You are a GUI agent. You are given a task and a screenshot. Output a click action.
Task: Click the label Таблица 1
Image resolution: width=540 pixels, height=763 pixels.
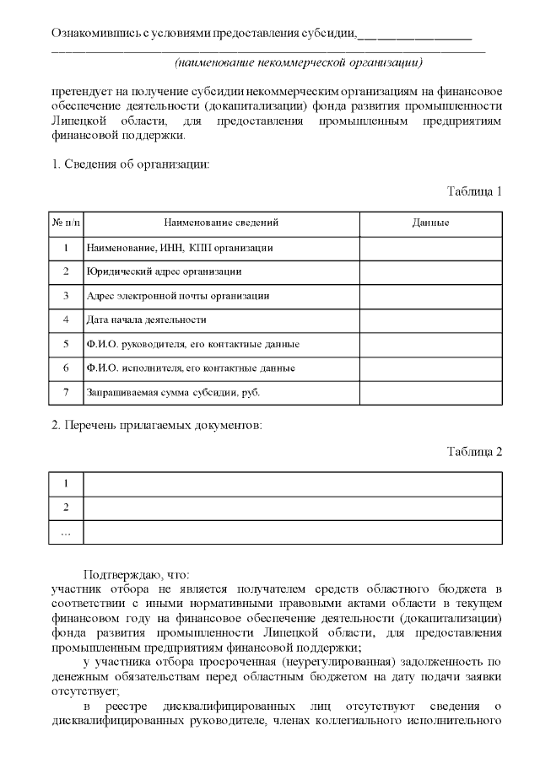pyautogui.click(x=474, y=191)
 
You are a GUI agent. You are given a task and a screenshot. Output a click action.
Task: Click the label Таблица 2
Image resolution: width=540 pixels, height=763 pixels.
pyautogui.click(x=474, y=451)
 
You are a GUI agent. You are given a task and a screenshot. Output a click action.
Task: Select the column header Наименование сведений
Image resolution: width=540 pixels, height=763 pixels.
pyautogui.click(x=221, y=223)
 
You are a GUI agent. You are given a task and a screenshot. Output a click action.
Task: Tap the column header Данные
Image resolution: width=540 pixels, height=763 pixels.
pyautogui.click(x=430, y=223)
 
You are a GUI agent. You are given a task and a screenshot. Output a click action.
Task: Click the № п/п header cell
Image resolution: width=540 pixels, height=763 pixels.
pyautogui.click(x=67, y=223)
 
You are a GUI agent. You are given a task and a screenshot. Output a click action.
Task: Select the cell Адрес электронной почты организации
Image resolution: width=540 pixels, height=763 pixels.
pyautogui.click(x=178, y=296)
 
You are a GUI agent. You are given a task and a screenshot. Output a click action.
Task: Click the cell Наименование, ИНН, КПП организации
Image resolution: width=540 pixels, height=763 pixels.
pyautogui.click(x=179, y=248)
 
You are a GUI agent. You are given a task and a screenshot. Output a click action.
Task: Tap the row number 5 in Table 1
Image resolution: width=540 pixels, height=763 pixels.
pyautogui.click(x=66, y=344)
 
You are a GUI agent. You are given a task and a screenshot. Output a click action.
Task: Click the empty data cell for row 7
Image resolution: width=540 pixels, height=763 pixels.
pyautogui.click(x=430, y=392)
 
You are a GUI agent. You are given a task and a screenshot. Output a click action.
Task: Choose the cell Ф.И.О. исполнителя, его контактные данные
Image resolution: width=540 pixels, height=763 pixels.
pyautogui.click(x=191, y=368)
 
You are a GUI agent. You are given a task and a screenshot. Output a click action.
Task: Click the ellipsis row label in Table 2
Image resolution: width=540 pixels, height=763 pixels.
pyautogui.click(x=66, y=532)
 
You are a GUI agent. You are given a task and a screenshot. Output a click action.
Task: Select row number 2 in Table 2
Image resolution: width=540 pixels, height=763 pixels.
pyautogui.click(x=66, y=508)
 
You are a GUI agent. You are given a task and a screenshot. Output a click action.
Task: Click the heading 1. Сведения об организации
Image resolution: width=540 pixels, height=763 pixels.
pyautogui.click(x=131, y=163)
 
